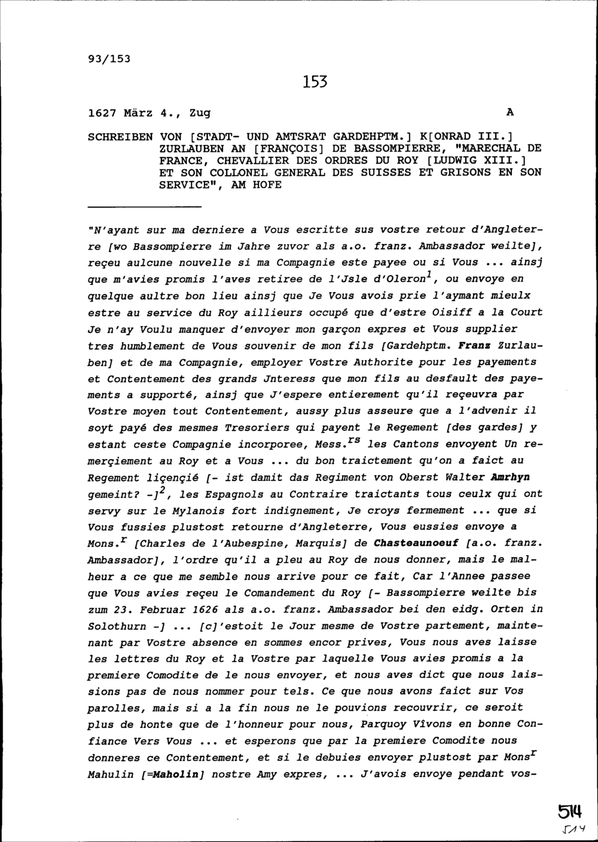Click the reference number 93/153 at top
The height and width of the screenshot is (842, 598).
click(x=109, y=59)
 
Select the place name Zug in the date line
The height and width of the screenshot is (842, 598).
click(x=200, y=112)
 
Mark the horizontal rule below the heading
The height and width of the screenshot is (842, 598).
click(x=144, y=206)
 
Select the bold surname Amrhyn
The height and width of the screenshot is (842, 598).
click(x=510, y=477)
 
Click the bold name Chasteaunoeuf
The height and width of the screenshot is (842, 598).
click(x=416, y=543)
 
